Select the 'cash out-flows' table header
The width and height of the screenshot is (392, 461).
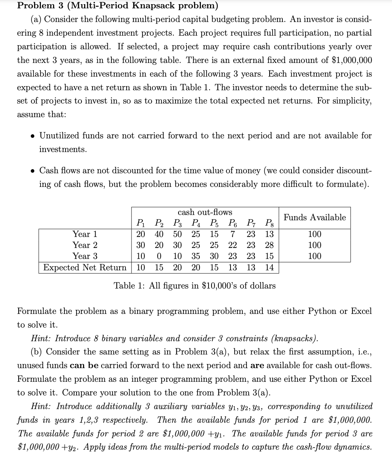click(x=205, y=212)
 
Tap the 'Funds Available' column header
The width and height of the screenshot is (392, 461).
click(x=315, y=217)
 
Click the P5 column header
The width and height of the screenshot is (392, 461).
click(x=214, y=223)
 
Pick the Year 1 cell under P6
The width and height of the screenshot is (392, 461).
click(x=233, y=234)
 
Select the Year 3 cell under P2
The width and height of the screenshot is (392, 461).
click(x=159, y=256)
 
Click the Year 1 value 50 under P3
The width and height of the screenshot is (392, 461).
click(x=177, y=234)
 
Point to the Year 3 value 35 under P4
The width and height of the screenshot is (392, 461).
click(x=196, y=256)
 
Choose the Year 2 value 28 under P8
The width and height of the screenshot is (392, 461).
click(x=269, y=245)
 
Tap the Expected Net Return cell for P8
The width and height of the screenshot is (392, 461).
click(x=269, y=267)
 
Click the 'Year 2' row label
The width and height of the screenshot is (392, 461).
click(x=85, y=245)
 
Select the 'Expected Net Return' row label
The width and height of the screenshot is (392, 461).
click(x=85, y=267)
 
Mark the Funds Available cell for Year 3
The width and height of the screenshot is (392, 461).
click(x=315, y=256)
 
